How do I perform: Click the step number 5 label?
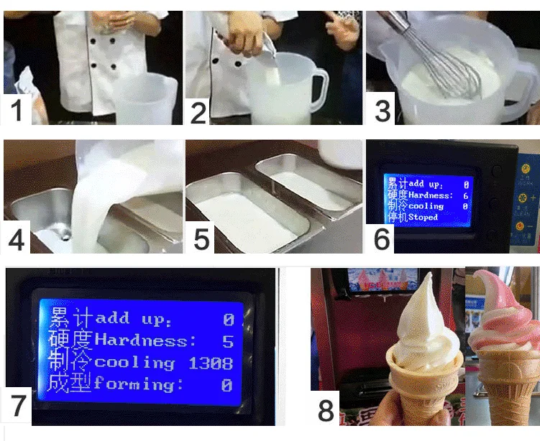[x=201, y=238]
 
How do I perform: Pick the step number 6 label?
[x=382, y=238]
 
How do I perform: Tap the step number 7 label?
[x=19, y=406]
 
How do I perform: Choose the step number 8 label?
[x=326, y=410]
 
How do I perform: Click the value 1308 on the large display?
[x=210, y=363]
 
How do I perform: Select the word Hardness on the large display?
[x=145, y=340]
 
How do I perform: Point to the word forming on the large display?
[x=134, y=385]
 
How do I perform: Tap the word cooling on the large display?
[x=134, y=363]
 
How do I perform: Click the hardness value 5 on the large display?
[x=227, y=340]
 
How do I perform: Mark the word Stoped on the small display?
[x=423, y=217]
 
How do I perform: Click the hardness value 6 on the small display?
[x=466, y=195]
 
